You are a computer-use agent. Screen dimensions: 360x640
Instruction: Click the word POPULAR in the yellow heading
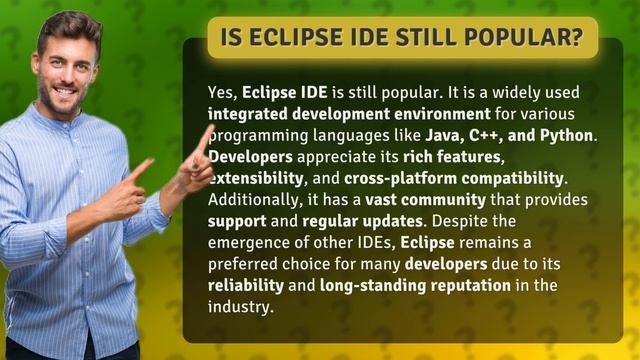[534, 39]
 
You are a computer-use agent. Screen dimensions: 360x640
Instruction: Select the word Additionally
[256, 200]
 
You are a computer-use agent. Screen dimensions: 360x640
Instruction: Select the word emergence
[249, 243]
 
